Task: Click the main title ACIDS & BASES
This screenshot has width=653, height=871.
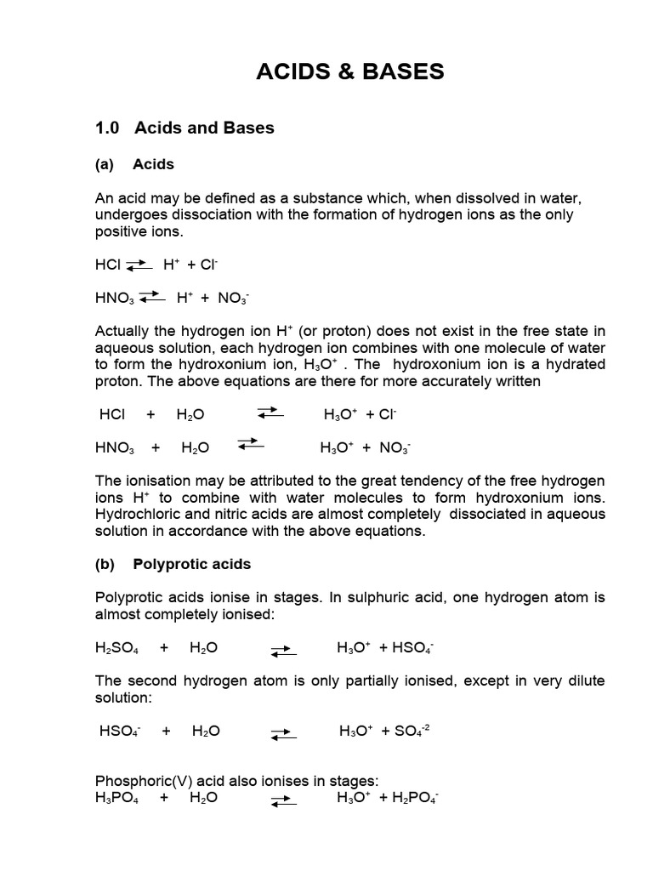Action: (x=350, y=72)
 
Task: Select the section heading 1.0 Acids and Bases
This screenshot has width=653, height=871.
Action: (x=185, y=128)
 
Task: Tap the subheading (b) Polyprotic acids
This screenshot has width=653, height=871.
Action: (x=173, y=564)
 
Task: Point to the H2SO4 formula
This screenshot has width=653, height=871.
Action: (x=118, y=648)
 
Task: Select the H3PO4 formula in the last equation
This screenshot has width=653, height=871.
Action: (x=119, y=798)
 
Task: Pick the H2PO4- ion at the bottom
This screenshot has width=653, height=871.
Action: (x=413, y=798)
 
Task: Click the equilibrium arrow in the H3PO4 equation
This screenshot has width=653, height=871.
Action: (x=283, y=800)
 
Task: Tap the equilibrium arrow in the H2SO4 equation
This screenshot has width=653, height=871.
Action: (x=283, y=651)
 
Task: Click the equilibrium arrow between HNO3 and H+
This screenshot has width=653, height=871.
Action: (x=150, y=297)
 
